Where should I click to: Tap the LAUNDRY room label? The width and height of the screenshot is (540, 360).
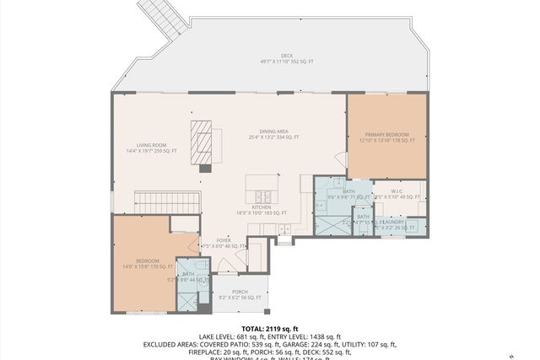coord(397,223)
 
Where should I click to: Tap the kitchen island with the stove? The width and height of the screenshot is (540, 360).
coord(262,186)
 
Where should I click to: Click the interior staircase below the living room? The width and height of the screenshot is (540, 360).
coord(168,202)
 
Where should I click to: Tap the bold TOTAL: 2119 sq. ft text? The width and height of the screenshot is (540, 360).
coord(270,328)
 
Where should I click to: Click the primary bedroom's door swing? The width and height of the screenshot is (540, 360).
coord(341,159)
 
